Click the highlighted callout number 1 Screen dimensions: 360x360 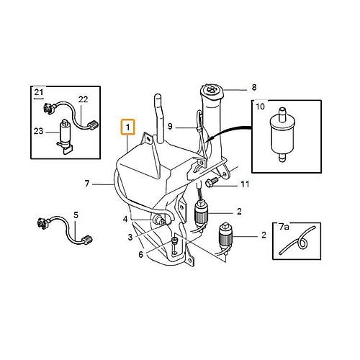(128, 127)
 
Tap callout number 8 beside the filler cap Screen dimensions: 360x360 (254, 87)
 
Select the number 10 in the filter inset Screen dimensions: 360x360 (260, 107)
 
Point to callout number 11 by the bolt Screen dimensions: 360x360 (245, 184)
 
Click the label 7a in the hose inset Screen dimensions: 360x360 (284, 227)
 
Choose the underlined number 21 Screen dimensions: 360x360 (39, 92)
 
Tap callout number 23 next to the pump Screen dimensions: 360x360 (38, 131)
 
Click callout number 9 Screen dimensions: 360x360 (170, 126)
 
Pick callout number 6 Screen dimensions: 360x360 (141, 254)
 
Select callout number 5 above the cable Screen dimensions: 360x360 (76, 215)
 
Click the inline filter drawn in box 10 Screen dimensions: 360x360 (282, 135)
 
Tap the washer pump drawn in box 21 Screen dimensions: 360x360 (64, 137)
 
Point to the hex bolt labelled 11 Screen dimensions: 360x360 (212, 182)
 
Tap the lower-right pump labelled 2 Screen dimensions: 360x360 (225, 238)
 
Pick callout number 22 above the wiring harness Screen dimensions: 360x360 (84, 99)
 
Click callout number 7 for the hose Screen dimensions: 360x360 (87, 184)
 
